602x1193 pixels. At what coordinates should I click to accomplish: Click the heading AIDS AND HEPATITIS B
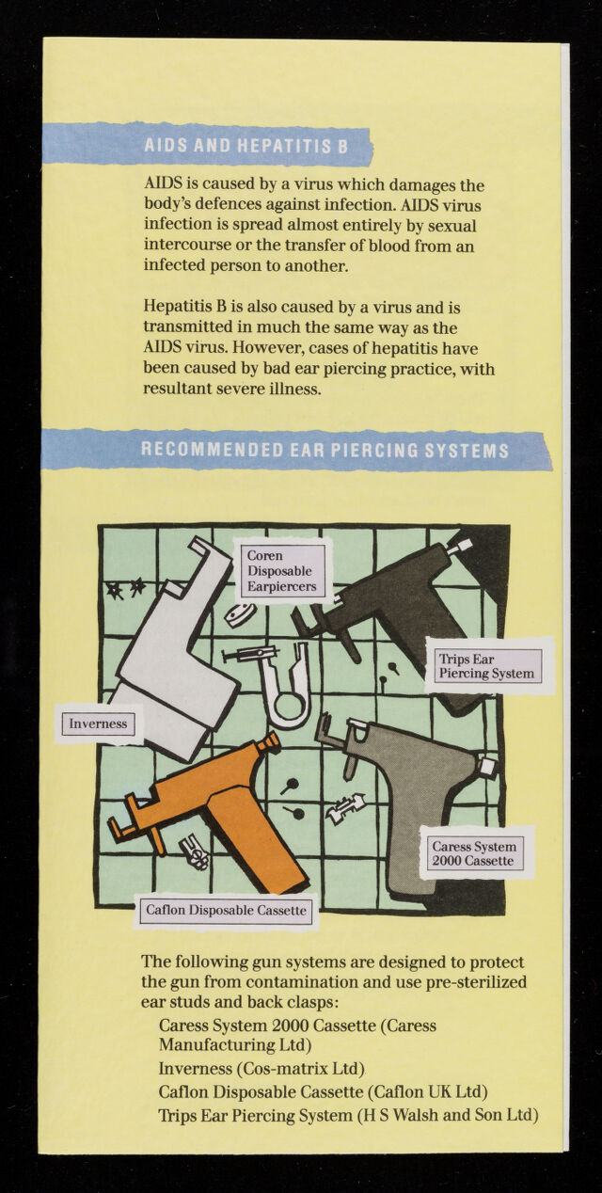click(246, 146)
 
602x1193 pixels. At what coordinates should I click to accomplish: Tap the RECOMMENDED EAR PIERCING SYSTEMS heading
click(325, 450)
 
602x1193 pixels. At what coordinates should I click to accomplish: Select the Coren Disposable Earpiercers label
click(281, 571)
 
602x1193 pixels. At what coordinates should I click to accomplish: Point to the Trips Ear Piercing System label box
click(487, 666)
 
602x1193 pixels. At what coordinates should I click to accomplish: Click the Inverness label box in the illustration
click(98, 724)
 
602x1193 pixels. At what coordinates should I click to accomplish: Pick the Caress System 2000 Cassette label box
click(474, 853)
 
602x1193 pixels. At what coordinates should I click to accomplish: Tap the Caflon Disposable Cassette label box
click(226, 910)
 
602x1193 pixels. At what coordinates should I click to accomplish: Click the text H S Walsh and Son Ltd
click(448, 1115)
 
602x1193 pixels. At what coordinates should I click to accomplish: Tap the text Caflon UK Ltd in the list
click(428, 1091)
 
